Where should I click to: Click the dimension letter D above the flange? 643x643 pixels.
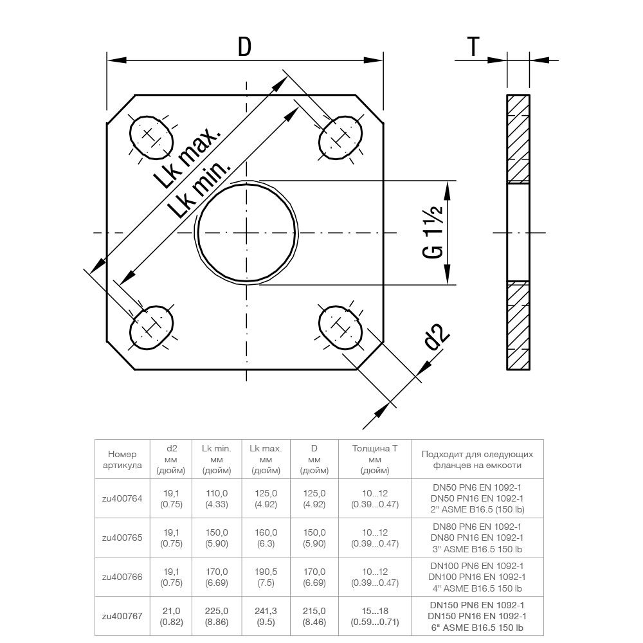point(244,47)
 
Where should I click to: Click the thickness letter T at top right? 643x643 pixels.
point(473,47)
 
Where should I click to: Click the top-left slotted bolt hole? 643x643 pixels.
point(152,136)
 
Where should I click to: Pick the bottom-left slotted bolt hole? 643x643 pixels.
point(152,328)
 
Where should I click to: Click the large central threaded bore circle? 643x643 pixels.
point(248,232)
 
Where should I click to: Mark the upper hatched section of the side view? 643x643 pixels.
point(518,138)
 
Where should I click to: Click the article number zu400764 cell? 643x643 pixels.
point(121,498)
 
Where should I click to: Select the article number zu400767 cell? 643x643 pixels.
point(121,616)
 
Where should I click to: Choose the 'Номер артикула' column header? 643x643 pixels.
point(121,459)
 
